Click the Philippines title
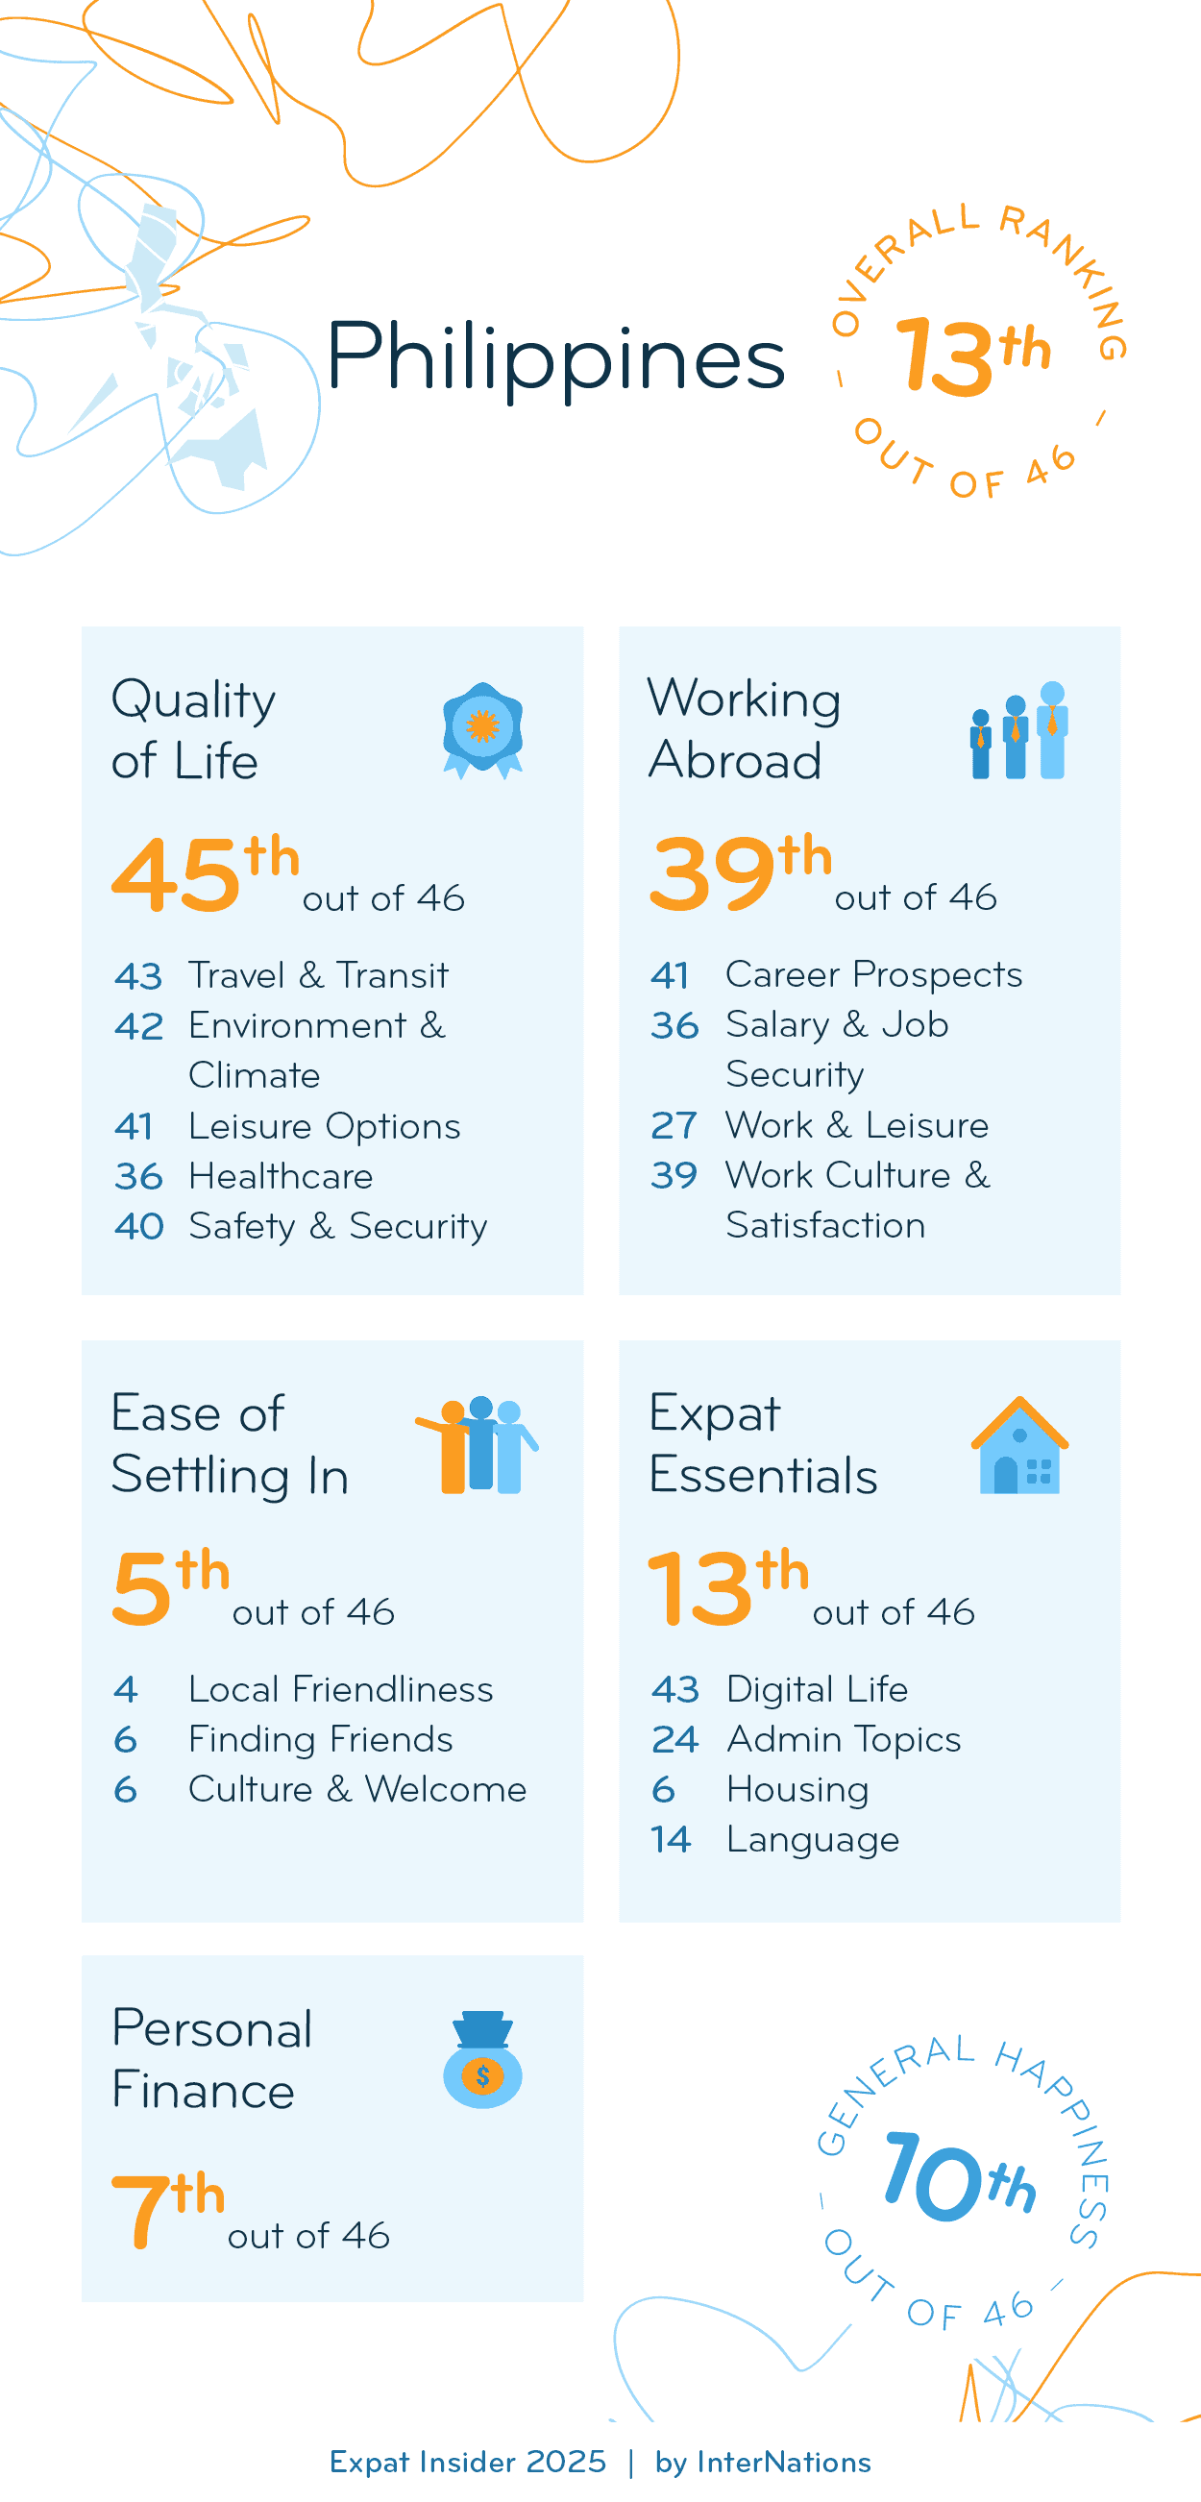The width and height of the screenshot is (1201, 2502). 554,357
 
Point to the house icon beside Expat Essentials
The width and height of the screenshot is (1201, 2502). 1019,1445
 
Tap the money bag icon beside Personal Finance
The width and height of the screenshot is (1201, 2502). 482,2058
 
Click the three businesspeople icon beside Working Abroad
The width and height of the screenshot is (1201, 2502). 1018,730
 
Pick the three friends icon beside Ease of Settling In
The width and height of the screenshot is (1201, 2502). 478,1445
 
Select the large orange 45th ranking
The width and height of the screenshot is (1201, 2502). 205,872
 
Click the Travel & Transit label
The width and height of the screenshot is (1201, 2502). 318,975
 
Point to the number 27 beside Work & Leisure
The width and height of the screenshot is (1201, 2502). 674,1125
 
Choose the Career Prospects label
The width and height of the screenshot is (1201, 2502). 873,974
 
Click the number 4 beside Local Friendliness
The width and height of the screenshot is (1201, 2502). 126,1689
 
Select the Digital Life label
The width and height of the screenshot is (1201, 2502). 818,1689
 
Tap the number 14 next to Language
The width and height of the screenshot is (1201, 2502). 671,1840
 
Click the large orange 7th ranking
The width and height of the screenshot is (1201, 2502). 168,2209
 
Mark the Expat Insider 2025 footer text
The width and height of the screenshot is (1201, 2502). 467,2463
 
